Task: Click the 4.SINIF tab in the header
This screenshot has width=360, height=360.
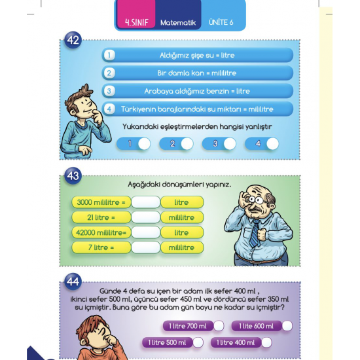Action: tap(135, 23)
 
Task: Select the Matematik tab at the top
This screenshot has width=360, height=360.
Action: tap(178, 23)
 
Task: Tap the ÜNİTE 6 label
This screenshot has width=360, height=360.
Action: tap(221, 23)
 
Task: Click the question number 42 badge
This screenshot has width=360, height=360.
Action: tap(73, 40)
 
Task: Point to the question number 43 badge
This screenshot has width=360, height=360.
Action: tap(73, 175)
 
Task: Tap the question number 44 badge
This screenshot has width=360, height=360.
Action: tap(73, 282)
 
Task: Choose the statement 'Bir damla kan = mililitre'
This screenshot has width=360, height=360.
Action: tap(197, 73)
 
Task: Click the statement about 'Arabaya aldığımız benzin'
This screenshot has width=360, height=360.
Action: tap(197, 91)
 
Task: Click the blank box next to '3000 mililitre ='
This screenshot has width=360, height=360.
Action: tap(145, 202)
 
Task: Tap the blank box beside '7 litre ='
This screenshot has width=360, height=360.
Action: tap(145, 247)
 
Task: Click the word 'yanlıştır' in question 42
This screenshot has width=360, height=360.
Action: tap(257, 127)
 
